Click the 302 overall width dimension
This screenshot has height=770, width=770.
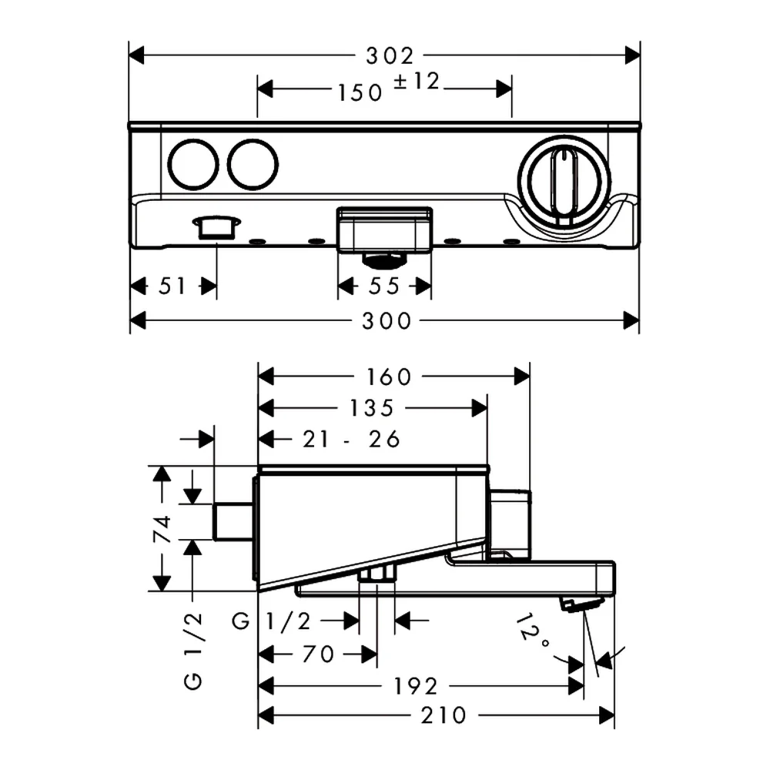click(390, 56)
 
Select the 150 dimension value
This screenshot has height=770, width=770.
click(360, 92)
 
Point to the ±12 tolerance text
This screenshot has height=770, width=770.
click(417, 81)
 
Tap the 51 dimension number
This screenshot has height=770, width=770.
click(172, 286)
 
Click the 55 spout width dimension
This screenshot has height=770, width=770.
click(384, 286)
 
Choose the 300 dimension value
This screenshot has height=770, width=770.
click(387, 321)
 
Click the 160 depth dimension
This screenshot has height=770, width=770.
click(388, 377)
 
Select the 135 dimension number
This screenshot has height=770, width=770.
click(372, 407)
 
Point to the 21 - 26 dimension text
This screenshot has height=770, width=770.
click(351, 439)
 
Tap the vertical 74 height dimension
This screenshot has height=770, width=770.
click(162, 529)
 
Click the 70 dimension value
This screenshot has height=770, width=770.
click(318, 654)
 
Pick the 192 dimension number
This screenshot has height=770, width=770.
click(416, 686)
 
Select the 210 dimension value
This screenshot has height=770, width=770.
click(444, 715)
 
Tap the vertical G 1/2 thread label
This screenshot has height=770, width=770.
click(193, 651)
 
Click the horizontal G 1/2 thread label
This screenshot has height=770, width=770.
click(271, 621)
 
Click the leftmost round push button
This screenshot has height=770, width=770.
click(193, 165)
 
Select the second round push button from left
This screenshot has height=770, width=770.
click(253, 165)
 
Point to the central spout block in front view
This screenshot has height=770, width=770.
click(384, 229)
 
